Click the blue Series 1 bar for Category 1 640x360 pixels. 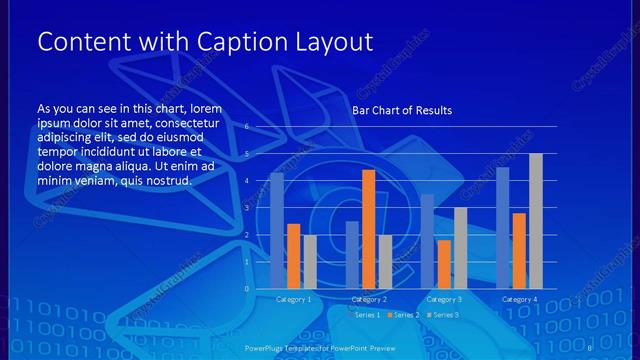[x=277, y=231]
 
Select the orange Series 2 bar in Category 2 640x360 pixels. [x=368, y=229]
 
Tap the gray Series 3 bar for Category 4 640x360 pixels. [x=536, y=221]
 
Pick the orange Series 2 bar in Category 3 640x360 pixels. [x=444, y=264]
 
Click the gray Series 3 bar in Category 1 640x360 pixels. [x=310, y=262]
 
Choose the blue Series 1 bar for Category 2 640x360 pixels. [x=352, y=255]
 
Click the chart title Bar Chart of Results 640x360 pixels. [x=402, y=110]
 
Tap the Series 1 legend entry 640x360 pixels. [x=364, y=315]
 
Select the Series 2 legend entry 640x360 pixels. [x=403, y=315]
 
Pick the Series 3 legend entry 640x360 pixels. [x=443, y=315]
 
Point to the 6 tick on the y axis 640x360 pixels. [x=246, y=128]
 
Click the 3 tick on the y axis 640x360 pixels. [x=246, y=208]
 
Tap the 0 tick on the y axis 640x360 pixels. [x=246, y=289]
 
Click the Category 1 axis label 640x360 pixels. [x=293, y=299]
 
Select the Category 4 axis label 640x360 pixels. [x=519, y=299]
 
